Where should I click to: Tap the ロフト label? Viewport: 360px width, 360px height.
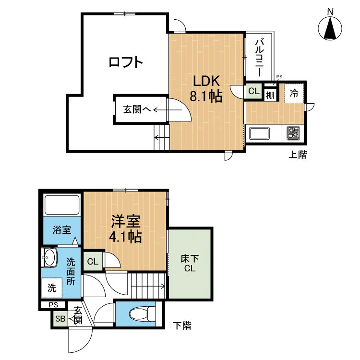126,62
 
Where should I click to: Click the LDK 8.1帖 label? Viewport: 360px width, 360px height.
206,89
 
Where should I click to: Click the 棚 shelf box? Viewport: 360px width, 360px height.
270,95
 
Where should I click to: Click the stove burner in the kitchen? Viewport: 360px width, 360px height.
293,133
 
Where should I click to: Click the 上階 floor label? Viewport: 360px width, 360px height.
298,155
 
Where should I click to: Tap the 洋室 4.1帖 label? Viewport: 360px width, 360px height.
126,229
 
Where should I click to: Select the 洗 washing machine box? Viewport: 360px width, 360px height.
51,288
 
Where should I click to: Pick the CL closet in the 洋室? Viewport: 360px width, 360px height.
93,262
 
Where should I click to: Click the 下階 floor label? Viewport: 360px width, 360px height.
182,326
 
